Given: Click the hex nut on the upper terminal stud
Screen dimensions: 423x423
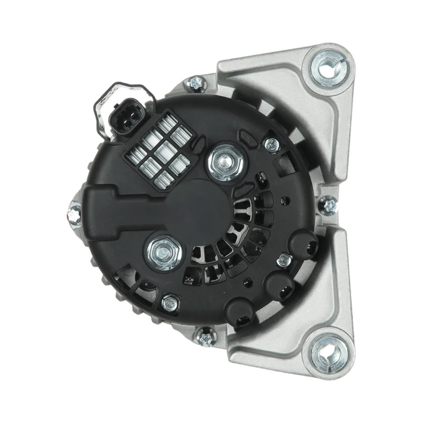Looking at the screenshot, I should click(x=223, y=162).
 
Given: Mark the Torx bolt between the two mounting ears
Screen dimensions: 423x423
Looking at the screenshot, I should click(x=329, y=206).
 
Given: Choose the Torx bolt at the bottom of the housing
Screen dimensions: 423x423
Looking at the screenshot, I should click(x=206, y=337).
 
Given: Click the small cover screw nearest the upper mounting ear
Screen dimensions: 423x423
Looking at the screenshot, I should click(x=272, y=145).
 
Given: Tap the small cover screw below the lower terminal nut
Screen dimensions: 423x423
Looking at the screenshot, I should click(x=170, y=302).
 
